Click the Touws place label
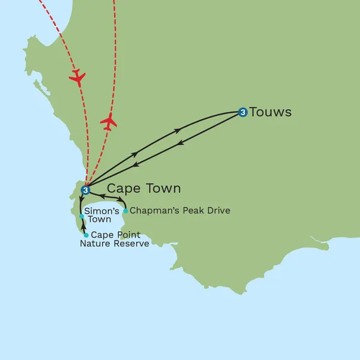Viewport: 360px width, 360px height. [270, 112]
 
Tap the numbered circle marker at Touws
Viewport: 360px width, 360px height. [242, 112]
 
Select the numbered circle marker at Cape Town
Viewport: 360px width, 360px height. [85, 190]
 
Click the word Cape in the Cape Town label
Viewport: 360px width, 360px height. [124, 188]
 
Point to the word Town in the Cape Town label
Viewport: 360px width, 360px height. [163, 188]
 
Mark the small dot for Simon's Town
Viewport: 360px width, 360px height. [82, 216]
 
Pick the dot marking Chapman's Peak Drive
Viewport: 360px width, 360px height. [125, 211]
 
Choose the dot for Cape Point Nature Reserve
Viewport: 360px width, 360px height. [86, 235]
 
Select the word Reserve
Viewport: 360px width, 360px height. [132, 244]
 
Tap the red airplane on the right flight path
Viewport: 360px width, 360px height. [109, 122]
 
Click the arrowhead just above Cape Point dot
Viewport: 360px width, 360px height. [83, 227]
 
